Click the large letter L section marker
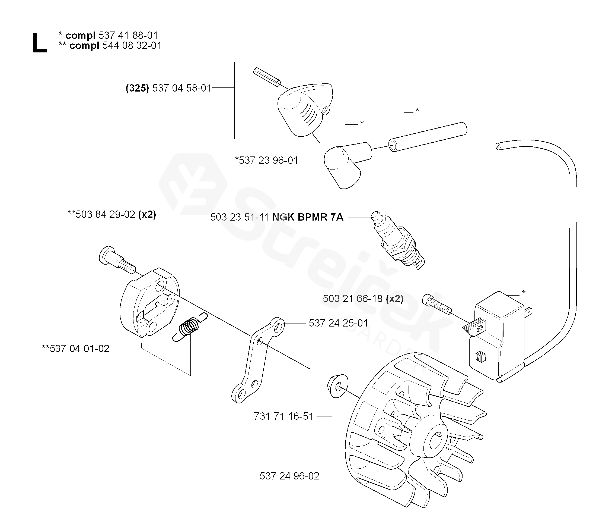(39, 43)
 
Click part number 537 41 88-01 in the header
(128, 36)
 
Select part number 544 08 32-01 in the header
(132, 46)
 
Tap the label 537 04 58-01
(182, 88)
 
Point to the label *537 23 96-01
(266, 160)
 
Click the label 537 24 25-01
(338, 323)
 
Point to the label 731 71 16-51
(283, 416)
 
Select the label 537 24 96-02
(289, 476)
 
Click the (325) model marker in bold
(137, 88)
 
